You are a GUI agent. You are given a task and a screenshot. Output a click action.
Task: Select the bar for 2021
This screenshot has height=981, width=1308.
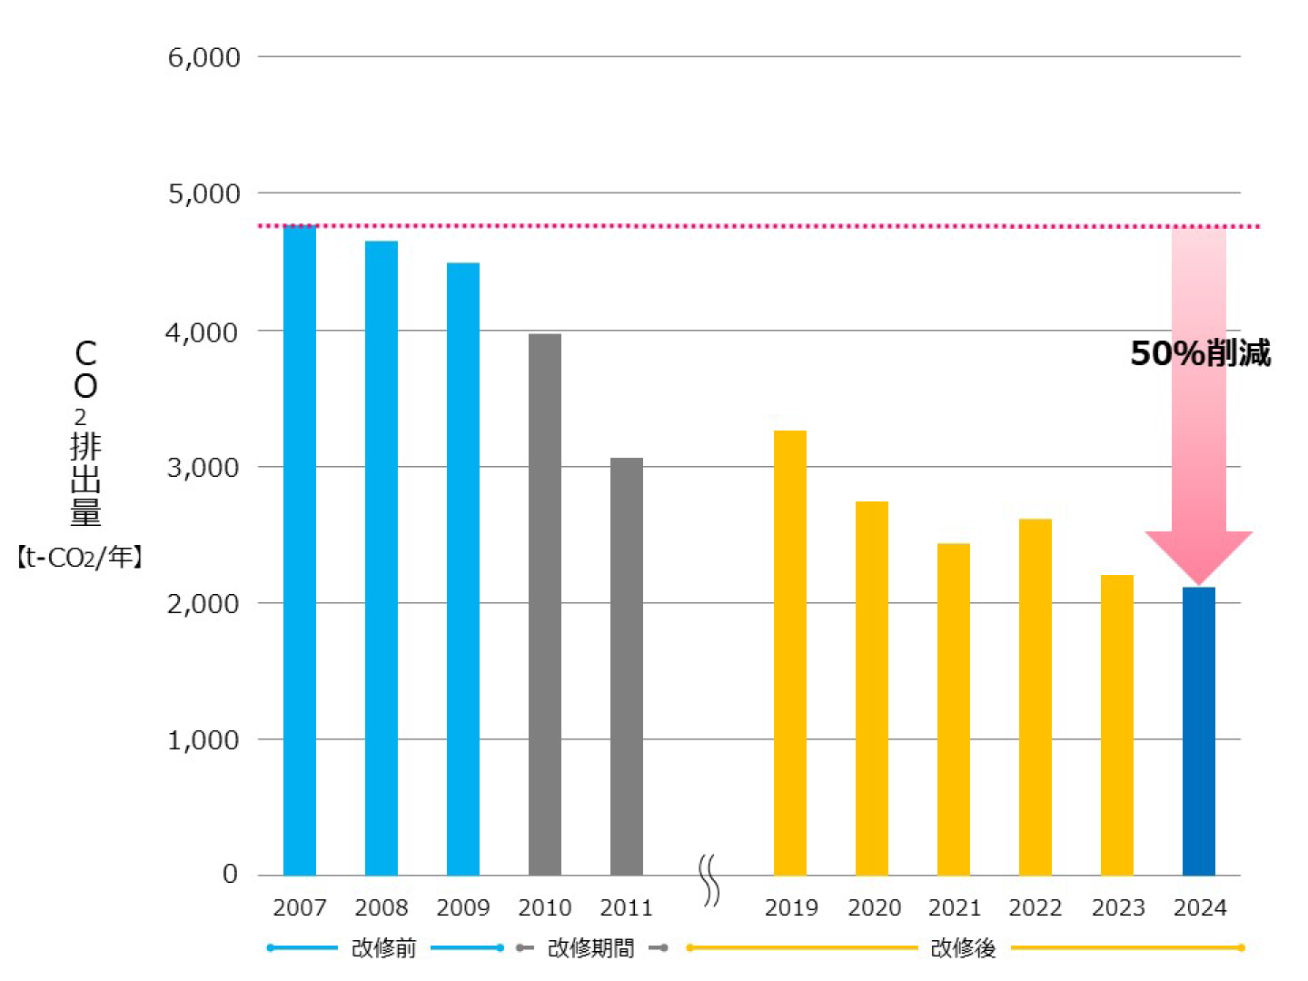click(954, 708)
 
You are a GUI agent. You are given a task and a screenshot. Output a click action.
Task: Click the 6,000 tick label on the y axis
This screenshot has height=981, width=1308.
click(204, 57)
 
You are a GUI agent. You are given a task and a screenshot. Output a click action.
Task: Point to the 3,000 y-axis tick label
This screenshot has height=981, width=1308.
click(204, 468)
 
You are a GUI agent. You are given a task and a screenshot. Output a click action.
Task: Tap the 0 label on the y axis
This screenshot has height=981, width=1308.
click(230, 874)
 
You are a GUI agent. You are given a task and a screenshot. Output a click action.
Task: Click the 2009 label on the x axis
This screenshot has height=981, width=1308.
click(463, 907)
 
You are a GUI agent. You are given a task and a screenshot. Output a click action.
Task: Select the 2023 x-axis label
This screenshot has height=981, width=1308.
click(1118, 907)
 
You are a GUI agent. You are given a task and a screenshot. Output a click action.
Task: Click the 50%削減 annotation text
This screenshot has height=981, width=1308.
click(1200, 353)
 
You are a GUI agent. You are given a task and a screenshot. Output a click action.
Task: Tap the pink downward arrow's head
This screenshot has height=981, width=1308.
click(1199, 556)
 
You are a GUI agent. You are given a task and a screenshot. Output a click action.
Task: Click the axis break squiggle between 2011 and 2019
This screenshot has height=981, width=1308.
click(709, 880)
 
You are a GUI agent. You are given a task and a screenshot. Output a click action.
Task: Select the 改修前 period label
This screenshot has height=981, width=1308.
click(383, 948)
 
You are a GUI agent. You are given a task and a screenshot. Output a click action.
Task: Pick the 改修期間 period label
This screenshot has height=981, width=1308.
click(590, 948)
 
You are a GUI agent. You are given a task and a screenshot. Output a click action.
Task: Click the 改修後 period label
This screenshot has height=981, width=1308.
click(963, 948)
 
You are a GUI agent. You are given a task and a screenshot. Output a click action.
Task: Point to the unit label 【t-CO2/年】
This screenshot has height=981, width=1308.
click(80, 557)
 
